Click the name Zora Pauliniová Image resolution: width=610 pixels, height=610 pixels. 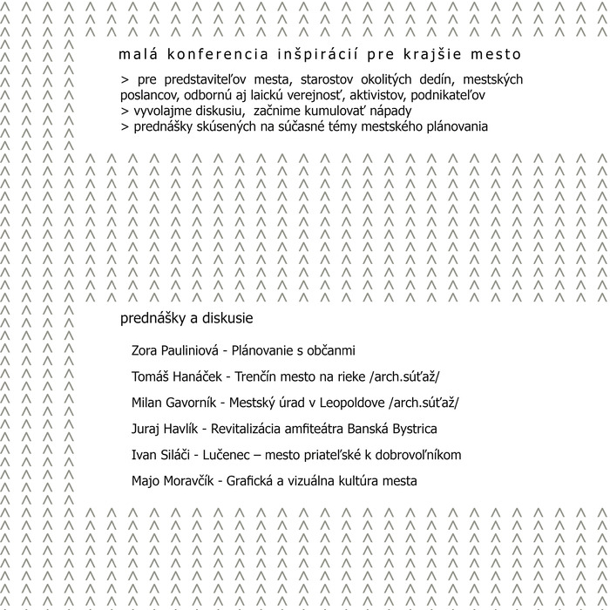click(173, 351)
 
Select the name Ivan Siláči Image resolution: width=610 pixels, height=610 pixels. click(159, 455)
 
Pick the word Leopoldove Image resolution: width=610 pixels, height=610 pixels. click(348, 403)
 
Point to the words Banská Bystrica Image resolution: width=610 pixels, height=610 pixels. click(395, 429)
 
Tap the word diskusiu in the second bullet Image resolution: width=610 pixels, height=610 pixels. click(201, 111)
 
